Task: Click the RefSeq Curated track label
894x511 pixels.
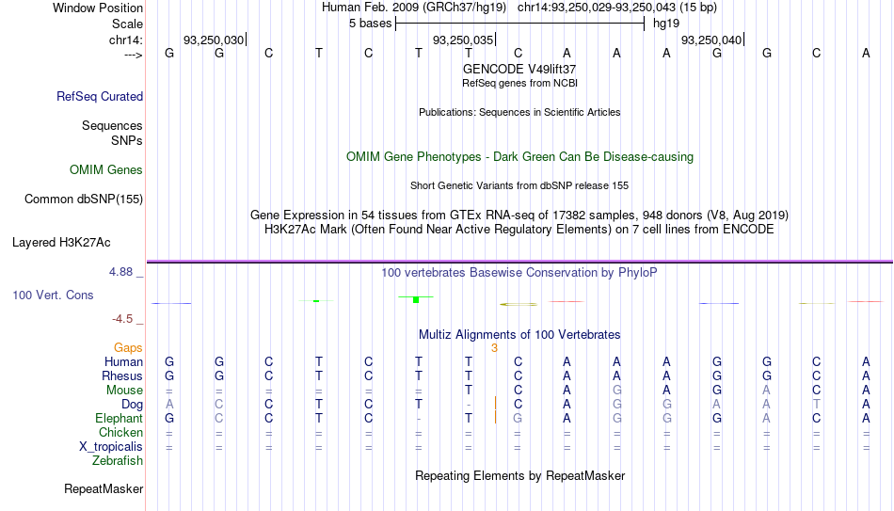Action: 100,96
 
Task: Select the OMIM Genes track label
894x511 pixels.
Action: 106,170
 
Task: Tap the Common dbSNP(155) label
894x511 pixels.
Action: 84,200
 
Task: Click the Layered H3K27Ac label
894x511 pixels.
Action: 61,243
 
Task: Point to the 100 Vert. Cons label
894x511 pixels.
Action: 53,295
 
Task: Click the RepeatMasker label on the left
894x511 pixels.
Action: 104,488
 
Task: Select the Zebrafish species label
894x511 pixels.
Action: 118,460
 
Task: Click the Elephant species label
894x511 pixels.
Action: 119,418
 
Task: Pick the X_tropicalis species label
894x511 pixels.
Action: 111,447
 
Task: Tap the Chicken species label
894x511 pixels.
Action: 120,432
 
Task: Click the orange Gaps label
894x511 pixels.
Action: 128,348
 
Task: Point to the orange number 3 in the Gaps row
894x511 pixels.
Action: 494,348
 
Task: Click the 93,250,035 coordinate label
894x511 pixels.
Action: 463,40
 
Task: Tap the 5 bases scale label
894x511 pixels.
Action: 371,24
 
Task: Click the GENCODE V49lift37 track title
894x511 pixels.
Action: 519,69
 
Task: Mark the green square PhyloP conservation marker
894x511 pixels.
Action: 416,300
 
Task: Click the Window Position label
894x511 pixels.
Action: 98,8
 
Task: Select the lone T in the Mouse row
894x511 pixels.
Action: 468,391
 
